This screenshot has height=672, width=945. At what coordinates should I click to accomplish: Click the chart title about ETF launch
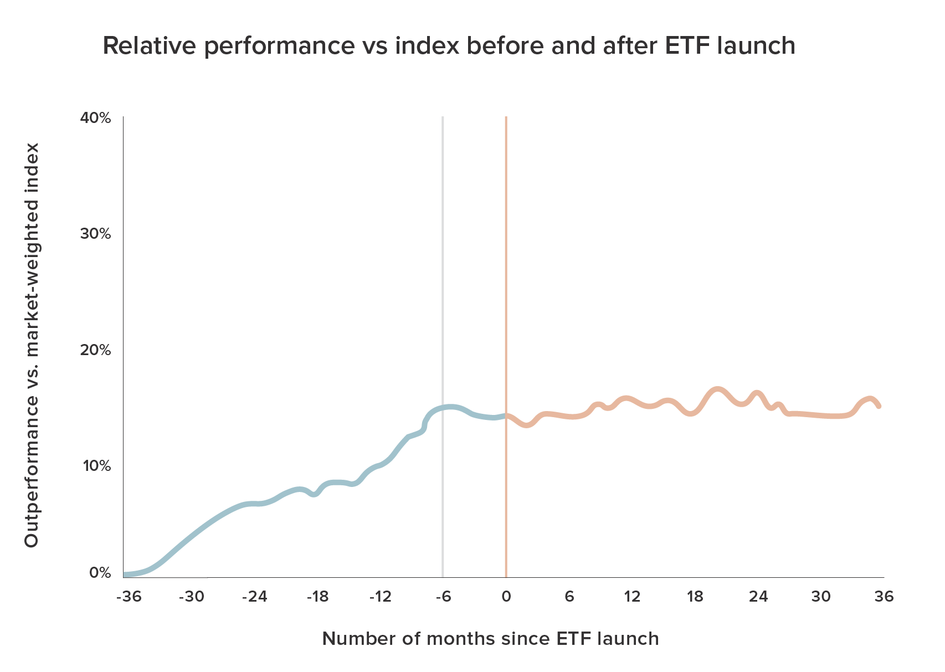coord(449,45)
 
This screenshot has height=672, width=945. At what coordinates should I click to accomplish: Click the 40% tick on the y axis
coord(96,118)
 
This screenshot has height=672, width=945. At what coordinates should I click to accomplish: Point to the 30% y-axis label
coord(96,233)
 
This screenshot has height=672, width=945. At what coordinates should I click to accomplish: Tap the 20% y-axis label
coord(96,350)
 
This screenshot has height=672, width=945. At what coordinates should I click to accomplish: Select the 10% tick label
coord(97,466)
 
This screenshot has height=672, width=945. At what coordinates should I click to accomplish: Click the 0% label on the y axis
coord(100,573)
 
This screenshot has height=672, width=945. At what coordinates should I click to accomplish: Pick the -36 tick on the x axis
coord(129,597)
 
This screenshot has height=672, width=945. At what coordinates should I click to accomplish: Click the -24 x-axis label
coord(254,597)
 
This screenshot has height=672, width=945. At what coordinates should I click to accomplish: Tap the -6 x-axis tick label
coord(443,597)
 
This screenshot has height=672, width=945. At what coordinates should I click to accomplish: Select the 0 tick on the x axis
coord(506,597)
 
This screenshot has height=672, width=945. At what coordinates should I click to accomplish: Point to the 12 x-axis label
coord(631,597)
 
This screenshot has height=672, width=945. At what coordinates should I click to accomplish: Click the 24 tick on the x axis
coord(758,597)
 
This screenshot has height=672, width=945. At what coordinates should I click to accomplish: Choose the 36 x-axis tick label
coord(884,597)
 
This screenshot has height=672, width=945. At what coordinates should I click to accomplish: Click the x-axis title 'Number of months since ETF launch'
coord(490,639)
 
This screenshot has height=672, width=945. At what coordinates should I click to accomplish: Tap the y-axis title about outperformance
coord(32,345)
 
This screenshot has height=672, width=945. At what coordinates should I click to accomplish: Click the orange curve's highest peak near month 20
coord(717,390)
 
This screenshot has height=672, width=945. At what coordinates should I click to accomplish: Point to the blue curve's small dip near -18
coord(314,494)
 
